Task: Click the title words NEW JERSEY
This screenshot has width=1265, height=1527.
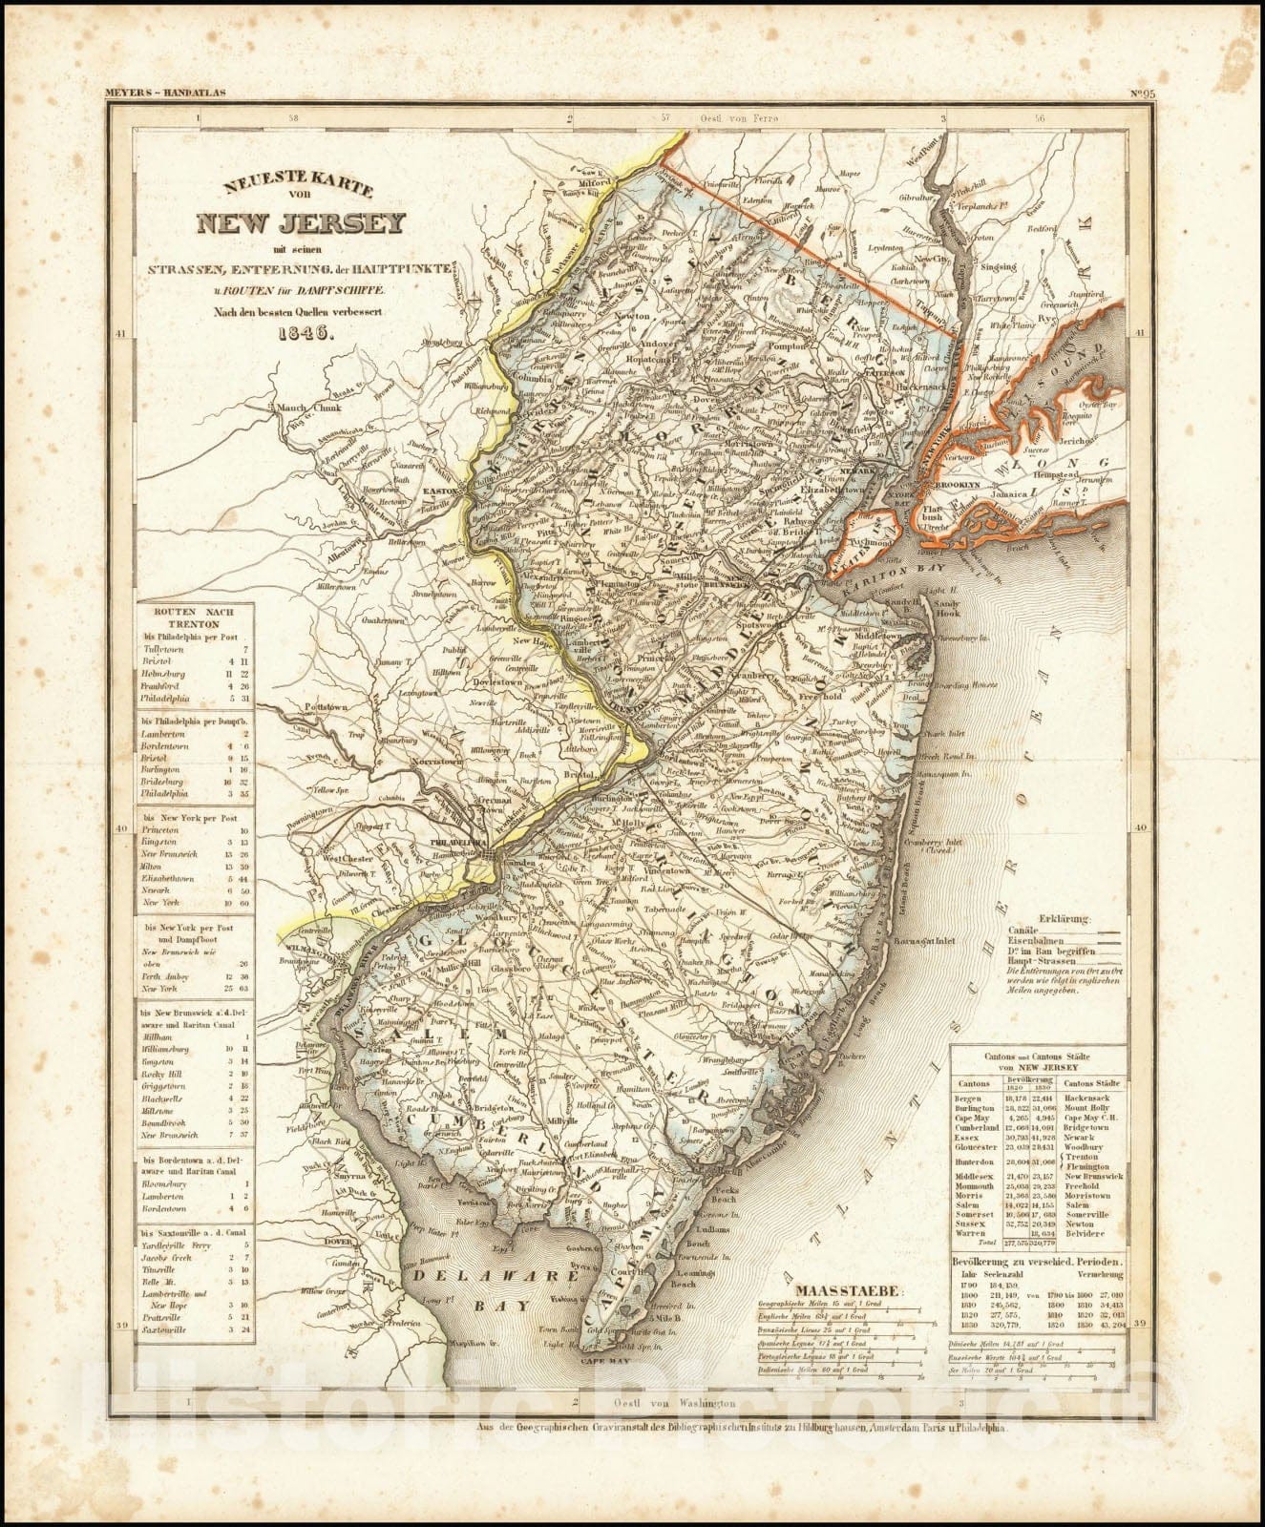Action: click(301, 225)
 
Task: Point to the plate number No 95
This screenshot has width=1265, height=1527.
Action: click(1143, 94)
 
